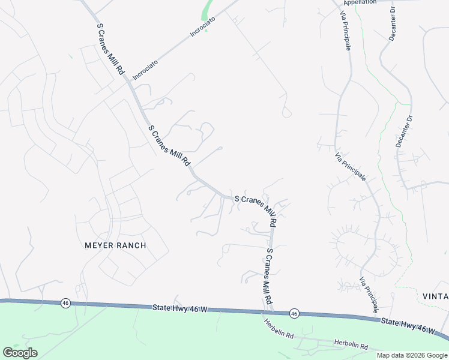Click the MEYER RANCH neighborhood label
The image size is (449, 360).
pos(115,245)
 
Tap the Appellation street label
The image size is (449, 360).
pos(360,2)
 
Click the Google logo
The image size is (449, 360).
pos(20,353)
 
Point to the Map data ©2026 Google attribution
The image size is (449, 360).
pos(412,355)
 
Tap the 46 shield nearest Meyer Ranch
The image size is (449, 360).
pos(65,304)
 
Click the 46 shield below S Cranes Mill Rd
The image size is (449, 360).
pos(294,313)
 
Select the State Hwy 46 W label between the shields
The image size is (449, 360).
pos(179,308)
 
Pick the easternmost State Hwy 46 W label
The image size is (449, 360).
pos(408,326)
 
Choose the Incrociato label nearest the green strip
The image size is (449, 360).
pos(202,27)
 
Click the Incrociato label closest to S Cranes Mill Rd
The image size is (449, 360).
pos(145,62)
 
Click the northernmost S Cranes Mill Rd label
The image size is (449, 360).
pos(110,47)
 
